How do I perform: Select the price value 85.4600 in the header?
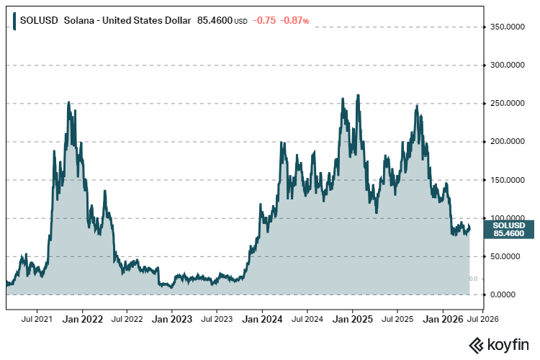pos(212,21)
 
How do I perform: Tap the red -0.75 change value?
pos(265,21)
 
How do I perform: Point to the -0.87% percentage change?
pos(295,21)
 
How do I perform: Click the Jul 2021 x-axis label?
pos(37,318)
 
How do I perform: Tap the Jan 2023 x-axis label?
pos(171,318)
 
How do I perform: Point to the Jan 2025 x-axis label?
pos(352,318)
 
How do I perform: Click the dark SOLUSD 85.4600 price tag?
pos(509,229)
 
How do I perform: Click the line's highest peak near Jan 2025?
pos(358,96)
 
